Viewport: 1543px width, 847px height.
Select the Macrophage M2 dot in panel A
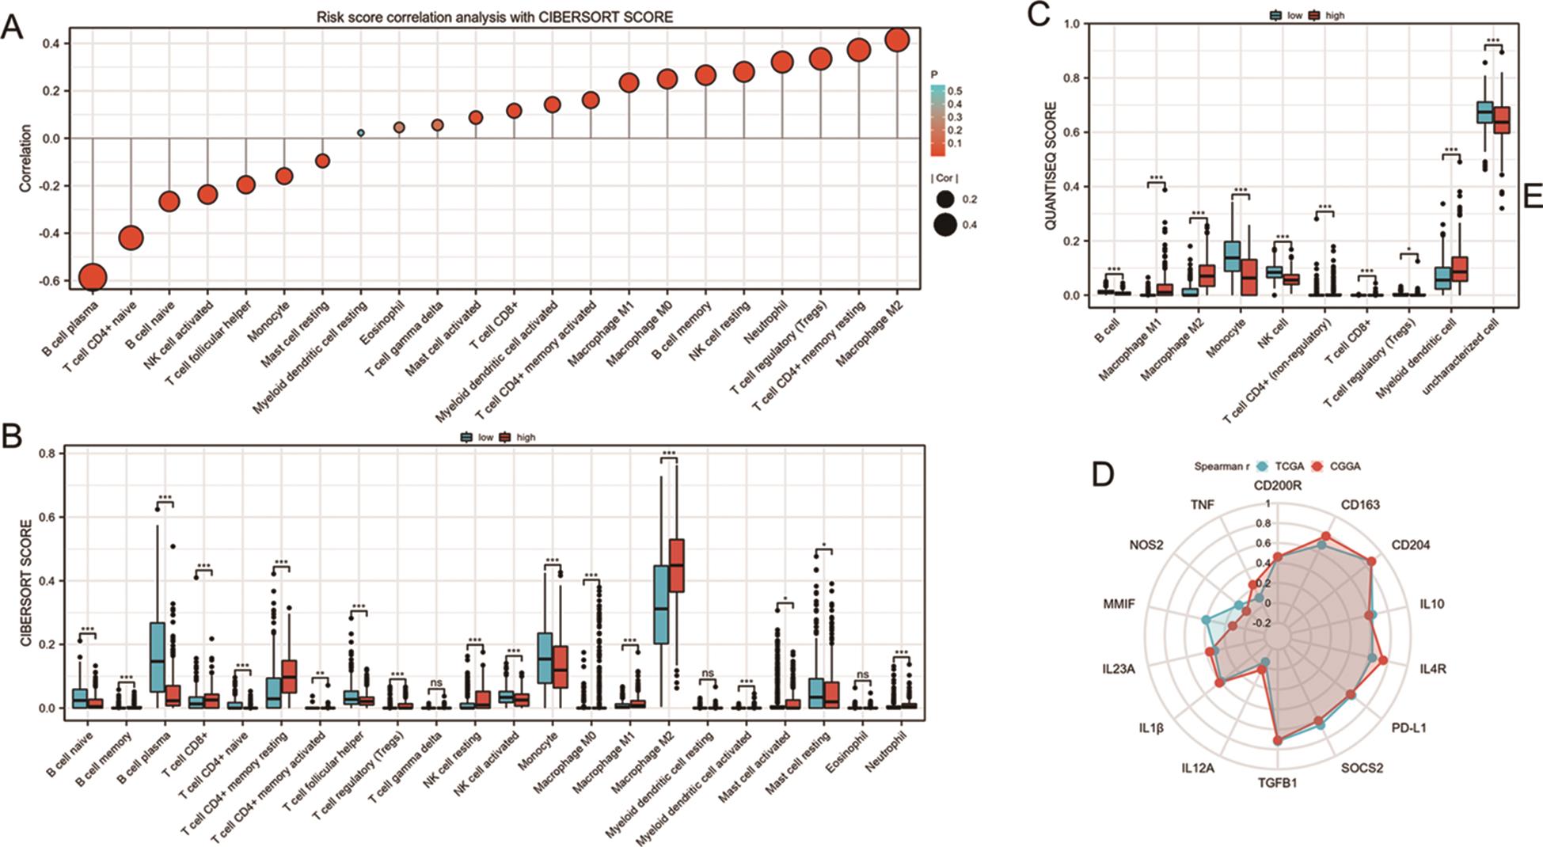click(897, 40)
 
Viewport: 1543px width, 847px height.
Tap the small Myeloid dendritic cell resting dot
click(361, 133)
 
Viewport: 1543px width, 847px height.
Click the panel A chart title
click(495, 17)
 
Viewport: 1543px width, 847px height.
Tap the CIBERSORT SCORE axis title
click(26, 582)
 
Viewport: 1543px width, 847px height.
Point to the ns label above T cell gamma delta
click(435, 682)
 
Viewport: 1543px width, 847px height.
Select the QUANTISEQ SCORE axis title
click(1051, 165)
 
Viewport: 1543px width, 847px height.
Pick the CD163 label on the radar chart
click(1360, 504)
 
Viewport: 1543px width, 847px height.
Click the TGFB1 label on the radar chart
click(1277, 784)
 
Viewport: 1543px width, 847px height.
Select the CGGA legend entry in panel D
click(1344, 466)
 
